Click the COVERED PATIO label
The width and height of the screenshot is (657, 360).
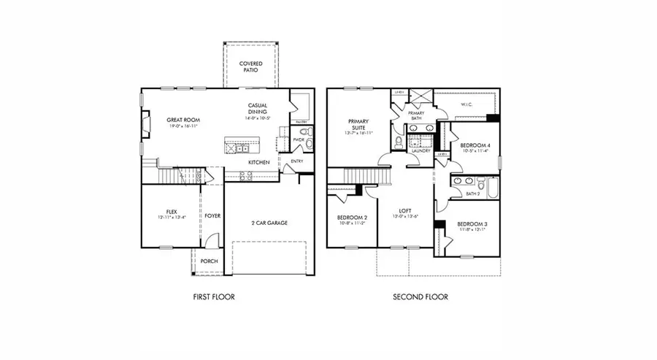point(251,68)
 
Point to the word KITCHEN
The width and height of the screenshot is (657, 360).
point(259,161)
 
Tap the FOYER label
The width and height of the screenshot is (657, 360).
point(212,215)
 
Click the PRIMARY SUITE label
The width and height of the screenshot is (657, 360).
point(358,125)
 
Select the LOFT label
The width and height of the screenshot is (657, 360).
point(405,211)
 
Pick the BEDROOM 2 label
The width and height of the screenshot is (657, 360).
point(352,218)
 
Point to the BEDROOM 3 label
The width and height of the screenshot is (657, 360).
point(472,224)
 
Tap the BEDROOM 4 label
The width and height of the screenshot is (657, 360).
point(475,145)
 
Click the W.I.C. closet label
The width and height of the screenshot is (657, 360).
point(468,104)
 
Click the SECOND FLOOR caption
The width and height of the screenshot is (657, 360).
point(420,297)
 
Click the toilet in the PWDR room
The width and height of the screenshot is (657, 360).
point(309,133)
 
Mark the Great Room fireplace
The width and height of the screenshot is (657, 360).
point(145,120)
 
